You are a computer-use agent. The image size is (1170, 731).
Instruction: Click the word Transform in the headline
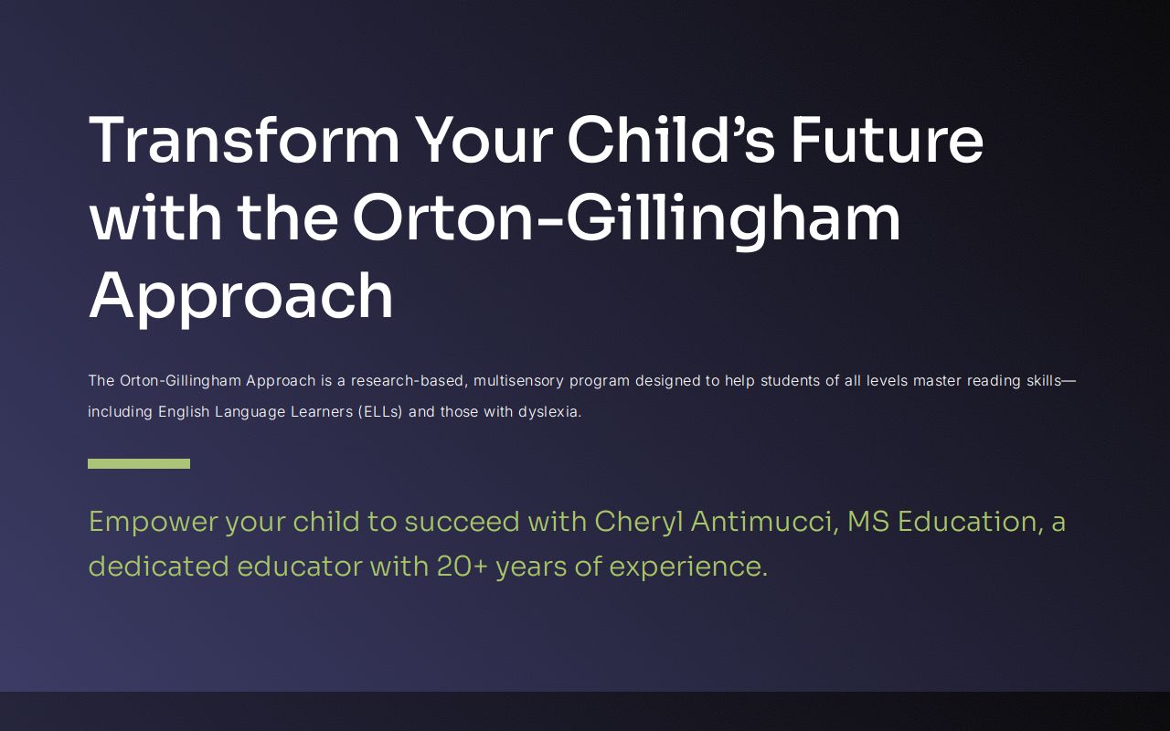[x=244, y=140]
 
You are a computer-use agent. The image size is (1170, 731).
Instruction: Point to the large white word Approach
[x=240, y=297]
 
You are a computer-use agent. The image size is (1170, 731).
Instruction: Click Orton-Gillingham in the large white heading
[x=626, y=218]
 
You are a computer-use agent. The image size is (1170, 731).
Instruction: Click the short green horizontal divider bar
[x=139, y=463]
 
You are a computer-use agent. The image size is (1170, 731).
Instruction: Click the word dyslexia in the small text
[x=548, y=411]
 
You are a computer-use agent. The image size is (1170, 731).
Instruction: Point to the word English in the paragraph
[x=185, y=411]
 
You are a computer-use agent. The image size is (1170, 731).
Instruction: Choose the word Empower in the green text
[x=154, y=522]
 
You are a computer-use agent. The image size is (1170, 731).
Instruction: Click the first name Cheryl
[x=638, y=522]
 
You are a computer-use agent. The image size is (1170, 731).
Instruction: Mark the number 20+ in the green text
[x=462, y=567]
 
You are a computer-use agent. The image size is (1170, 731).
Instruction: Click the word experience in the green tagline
[x=687, y=567]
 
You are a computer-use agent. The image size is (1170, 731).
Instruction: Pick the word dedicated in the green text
[x=158, y=567]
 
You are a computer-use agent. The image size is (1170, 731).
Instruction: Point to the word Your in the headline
[x=484, y=140]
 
